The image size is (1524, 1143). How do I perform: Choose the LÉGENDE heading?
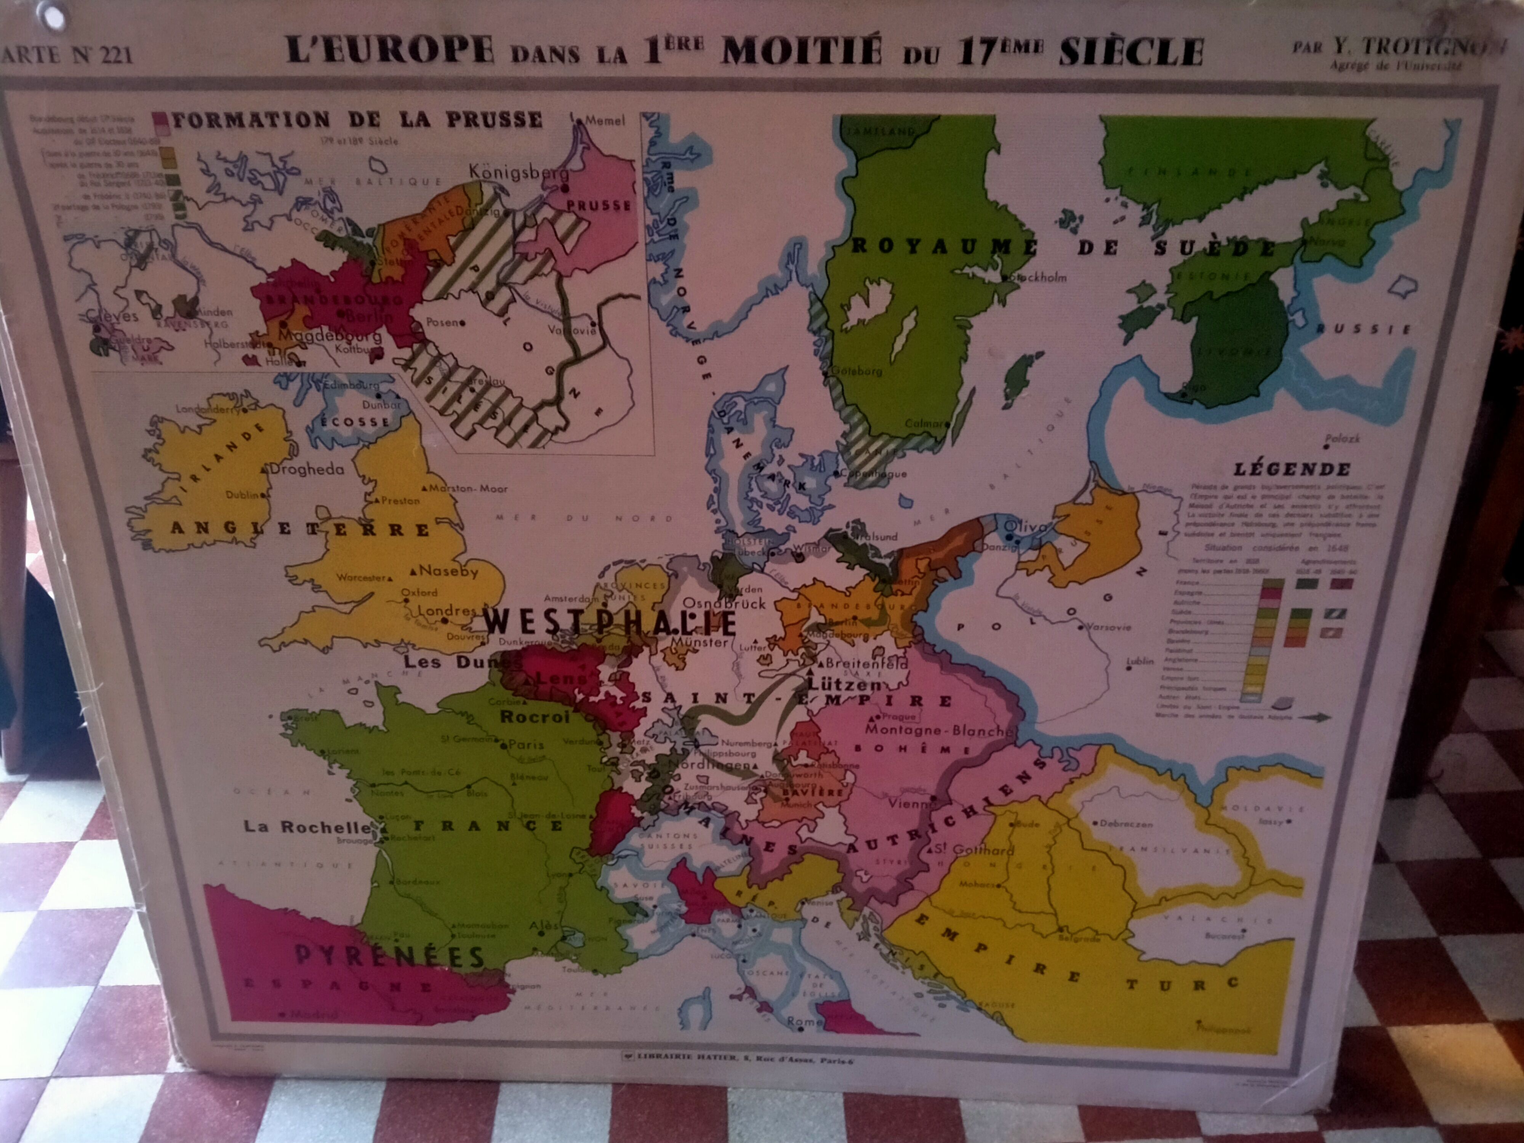[x=1292, y=470]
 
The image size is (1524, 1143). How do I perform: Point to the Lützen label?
[x=844, y=685]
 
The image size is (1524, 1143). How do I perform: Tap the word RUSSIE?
[x=1364, y=329]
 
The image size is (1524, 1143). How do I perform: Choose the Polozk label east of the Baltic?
[x=1342, y=438]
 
